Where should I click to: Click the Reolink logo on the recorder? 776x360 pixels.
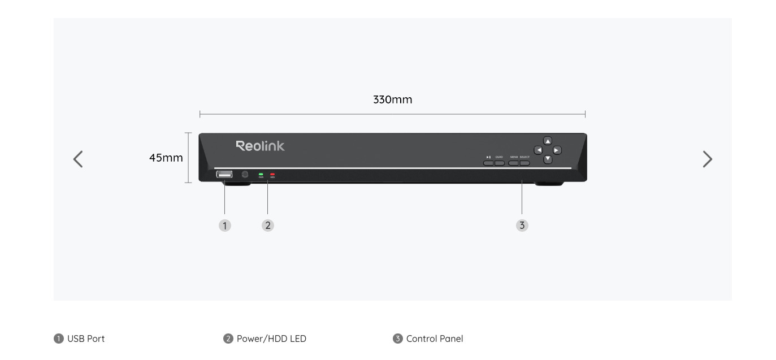(x=260, y=146)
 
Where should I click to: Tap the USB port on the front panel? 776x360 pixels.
(x=224, y=175)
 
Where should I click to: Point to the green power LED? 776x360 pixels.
(x=261, y=175)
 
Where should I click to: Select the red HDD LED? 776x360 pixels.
(x=272, y=175)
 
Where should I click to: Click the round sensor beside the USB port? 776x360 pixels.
(x=245, y=175)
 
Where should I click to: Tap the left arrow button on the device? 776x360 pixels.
(x=539, y=150)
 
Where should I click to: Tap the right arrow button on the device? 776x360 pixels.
(x=557, y=150)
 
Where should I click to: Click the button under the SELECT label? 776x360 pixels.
(x=524, y=163)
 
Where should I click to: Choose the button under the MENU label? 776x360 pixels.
(x=514, y=163)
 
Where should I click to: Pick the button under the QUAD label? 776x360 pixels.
(x=499, y=163)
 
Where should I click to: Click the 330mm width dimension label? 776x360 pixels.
(x=392, y=100)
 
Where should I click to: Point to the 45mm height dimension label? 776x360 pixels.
(x=166, y=158)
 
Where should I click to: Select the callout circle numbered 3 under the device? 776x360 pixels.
(x=522, y=225)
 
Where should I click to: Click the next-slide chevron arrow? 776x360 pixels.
(x=707, y=159)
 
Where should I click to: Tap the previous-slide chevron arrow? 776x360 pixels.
(x=78, y=159)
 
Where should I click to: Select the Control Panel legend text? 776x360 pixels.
(x=433, y=339)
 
